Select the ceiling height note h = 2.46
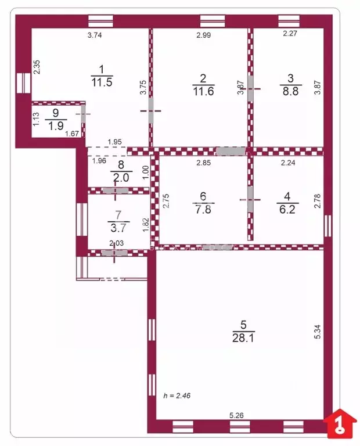177,396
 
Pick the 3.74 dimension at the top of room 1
95,35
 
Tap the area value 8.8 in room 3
290,92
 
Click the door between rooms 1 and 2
151,111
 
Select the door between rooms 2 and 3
251,88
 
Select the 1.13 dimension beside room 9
35,119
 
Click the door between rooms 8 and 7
114,190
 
